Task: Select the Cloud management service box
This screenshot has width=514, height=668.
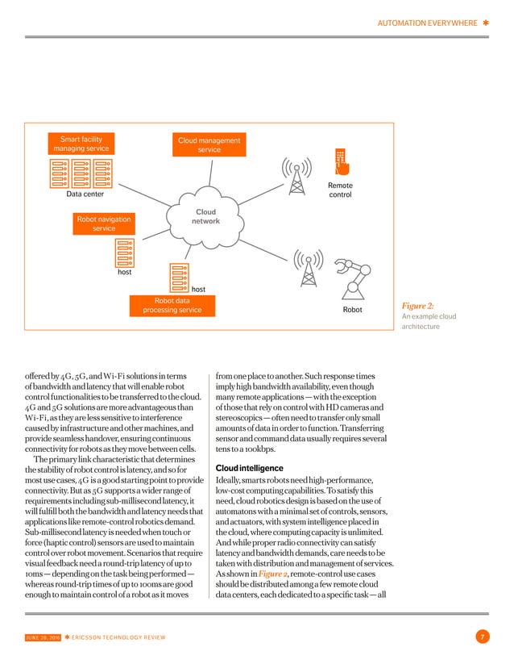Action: coord(209,145)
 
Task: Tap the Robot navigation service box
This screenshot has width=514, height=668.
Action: coord(104,223)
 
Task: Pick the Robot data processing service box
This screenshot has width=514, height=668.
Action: coord(172,306)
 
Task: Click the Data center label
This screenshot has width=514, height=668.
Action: coord(85,194)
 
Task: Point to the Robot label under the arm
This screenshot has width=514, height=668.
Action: coord(353,310)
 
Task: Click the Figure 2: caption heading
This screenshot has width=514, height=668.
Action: coord(418,306)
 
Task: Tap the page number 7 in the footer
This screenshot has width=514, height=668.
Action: coord(481,639)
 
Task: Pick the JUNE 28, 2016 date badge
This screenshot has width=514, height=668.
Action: coord(38,639)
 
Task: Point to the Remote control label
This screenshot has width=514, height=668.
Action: coord(340,190)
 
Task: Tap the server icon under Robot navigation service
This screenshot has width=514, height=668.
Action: coord(123,252)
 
